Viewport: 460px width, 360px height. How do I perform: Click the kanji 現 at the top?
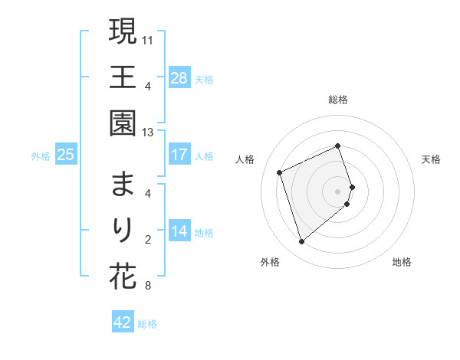(123, 32)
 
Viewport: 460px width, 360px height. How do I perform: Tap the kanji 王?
(123, 77)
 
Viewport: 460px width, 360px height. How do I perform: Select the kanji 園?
(123, 123)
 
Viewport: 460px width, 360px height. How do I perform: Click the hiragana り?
(123, 231)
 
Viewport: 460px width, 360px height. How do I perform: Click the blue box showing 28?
(179, 78)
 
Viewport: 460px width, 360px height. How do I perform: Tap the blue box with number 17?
(179, 155)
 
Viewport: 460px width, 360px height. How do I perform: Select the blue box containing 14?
(179, 231)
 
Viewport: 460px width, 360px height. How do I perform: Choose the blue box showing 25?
(66, 155)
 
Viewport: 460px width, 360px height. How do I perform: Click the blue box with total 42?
(123, 322)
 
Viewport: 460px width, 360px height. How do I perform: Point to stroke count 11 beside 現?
(149, 38)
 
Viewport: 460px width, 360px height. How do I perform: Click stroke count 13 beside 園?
(149, 133)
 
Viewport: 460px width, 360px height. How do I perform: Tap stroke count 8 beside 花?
(147, 286)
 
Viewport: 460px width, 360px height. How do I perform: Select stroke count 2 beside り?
(147, 240)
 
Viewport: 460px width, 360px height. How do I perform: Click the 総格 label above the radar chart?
(338, 100)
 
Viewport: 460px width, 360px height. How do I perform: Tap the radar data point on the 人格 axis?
(280, 172)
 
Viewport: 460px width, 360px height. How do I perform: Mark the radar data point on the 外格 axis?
(301, 242)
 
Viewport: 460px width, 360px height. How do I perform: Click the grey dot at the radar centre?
(338, 191)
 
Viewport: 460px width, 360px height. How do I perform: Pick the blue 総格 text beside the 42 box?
(147, 324)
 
